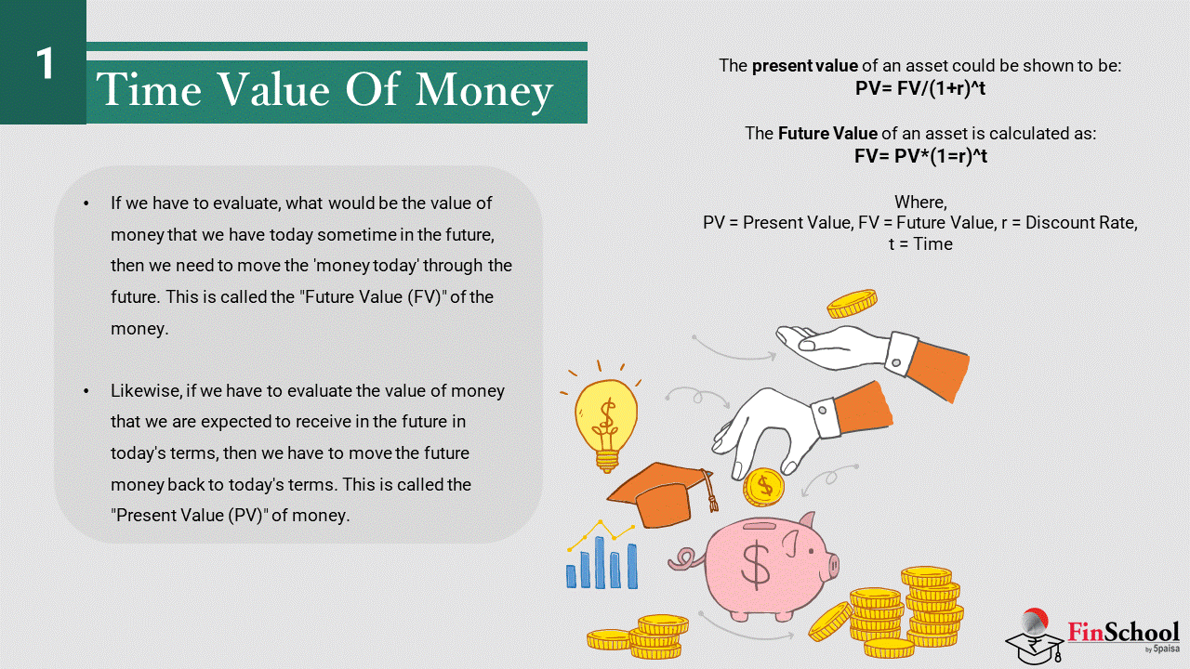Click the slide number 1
46,63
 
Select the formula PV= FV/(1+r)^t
920,88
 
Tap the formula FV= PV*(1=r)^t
920,156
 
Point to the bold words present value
805,65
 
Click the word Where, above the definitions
920,202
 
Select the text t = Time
920,243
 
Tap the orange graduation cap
662,493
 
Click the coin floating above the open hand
852,303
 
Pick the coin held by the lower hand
763,487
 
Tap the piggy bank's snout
832,566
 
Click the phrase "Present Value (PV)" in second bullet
190,516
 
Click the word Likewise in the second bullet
146,391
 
